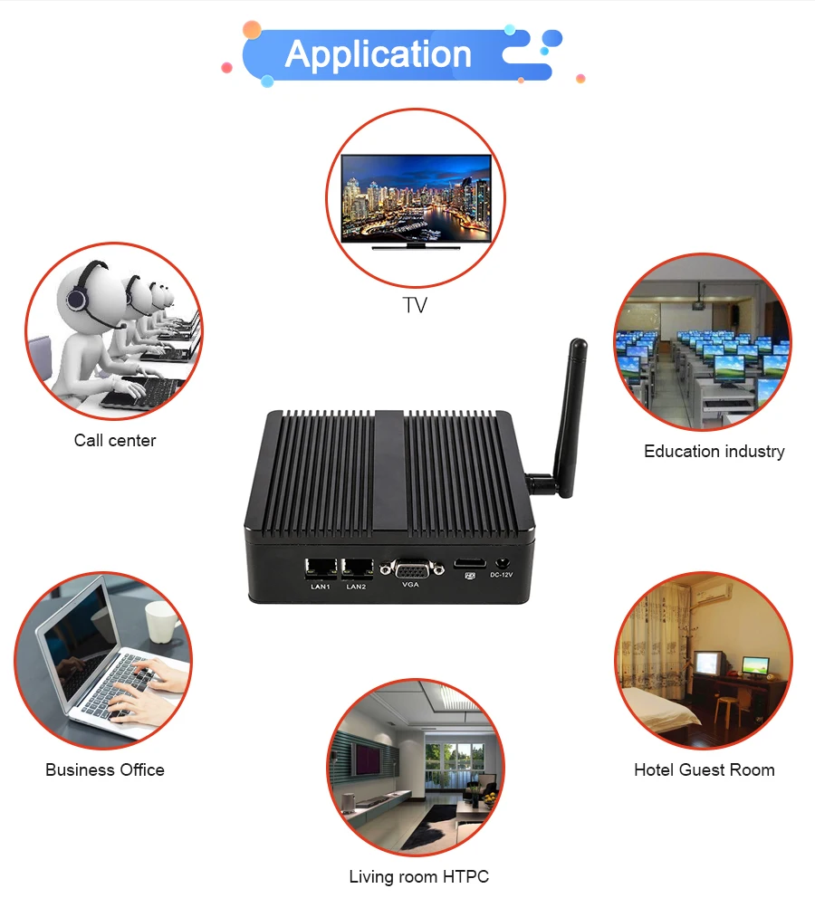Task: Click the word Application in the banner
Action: tap(379, 54)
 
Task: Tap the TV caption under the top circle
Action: tap(415, 306)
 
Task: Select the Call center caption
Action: tap(115, 441)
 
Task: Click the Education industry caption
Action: tap(714, 451)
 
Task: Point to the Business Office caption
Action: tap(105, 770)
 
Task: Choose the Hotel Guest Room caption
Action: tap(704, 770)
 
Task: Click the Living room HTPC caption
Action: tap(418, 876)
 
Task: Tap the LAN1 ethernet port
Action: tap(321, 568)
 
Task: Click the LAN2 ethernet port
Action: tap(357, 568)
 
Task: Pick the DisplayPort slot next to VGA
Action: tap(469, 564)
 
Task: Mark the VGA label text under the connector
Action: tap(410, 586)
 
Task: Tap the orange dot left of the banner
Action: tap(252, 30)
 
